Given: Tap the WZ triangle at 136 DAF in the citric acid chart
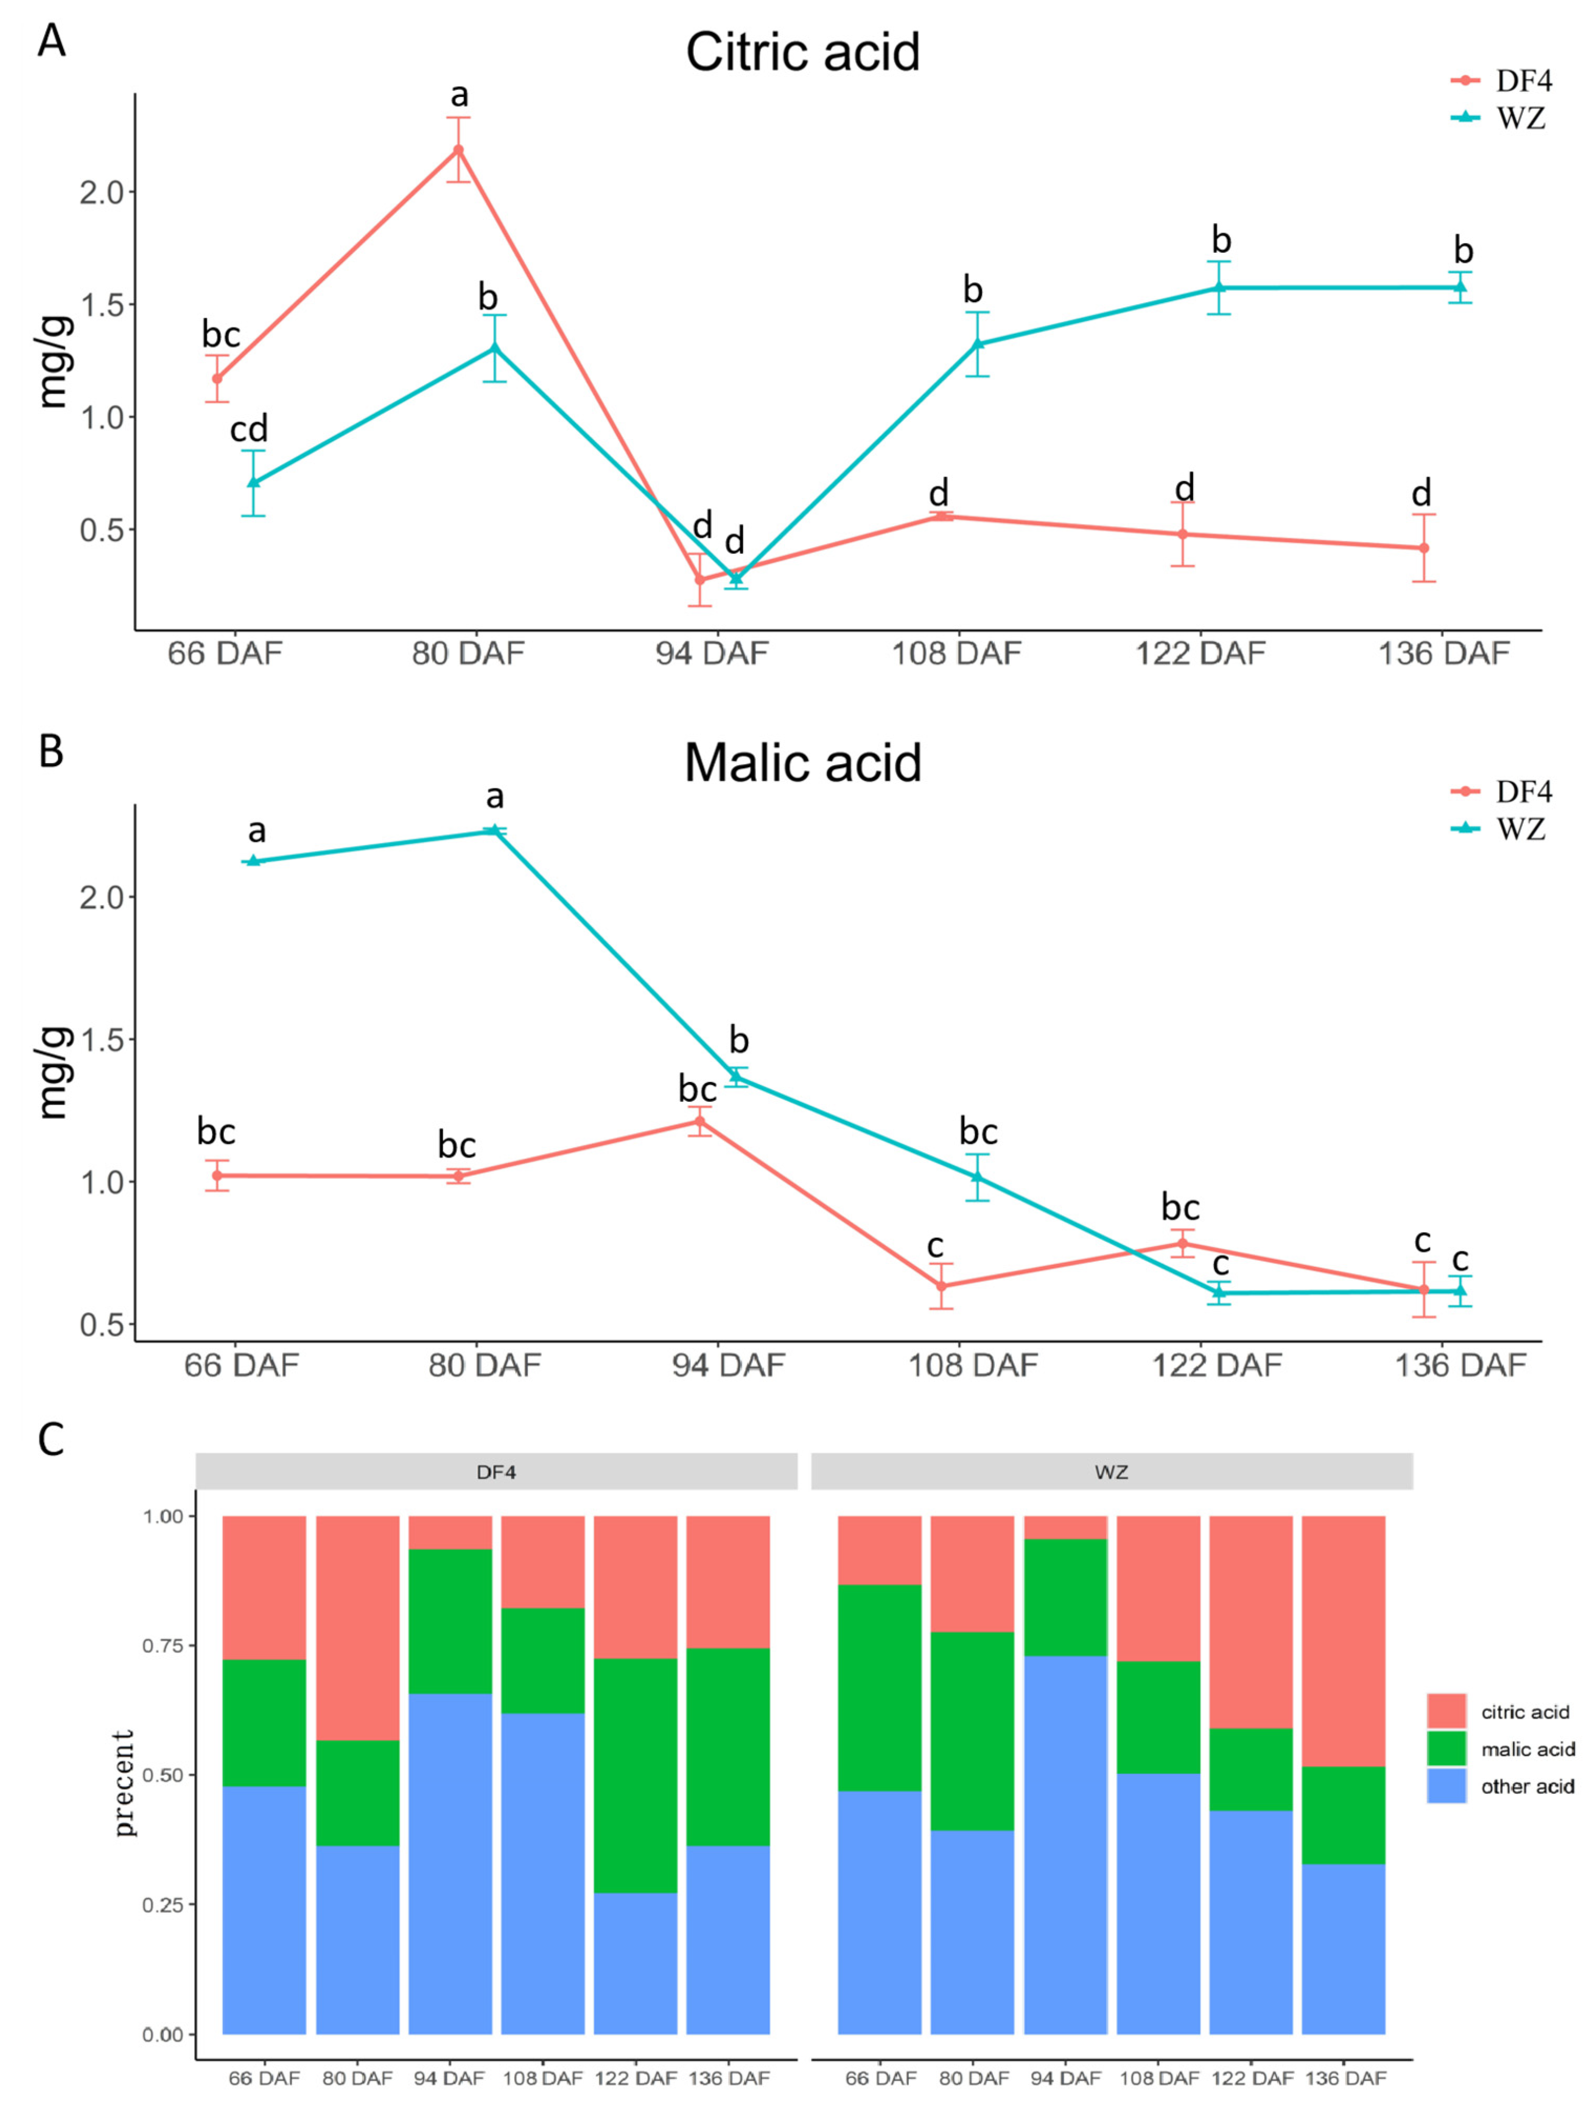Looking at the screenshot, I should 1460,287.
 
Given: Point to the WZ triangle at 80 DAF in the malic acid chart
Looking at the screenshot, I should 494,831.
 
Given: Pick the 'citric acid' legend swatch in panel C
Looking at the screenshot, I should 1446,1710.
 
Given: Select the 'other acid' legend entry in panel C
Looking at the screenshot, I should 1526,1786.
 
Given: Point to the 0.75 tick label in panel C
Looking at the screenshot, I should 163,1645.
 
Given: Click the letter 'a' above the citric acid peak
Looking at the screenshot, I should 459,95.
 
